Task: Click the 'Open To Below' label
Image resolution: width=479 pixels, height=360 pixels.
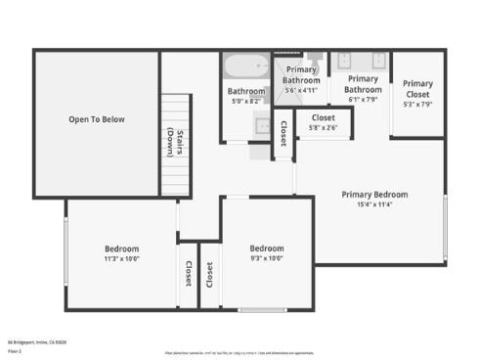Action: (97, 119)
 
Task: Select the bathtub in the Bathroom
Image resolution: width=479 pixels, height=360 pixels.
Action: (244, 67)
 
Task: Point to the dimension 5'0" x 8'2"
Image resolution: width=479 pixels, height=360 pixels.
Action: (246, 100)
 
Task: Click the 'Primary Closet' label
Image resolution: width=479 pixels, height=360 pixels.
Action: (417, 89)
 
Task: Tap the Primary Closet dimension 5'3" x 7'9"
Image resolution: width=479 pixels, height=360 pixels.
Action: (417, 103)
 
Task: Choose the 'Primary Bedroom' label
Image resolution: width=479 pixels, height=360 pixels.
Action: (374, 194)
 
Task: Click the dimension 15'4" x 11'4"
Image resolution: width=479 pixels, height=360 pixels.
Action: (374, 205)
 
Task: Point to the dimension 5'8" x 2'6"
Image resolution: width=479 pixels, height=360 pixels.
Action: (323, 127)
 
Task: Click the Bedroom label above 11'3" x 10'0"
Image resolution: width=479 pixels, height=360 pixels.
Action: (121, 248)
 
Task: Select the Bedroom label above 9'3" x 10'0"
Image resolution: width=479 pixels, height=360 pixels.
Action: (266, 247)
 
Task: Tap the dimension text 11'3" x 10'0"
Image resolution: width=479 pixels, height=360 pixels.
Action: (121, 259)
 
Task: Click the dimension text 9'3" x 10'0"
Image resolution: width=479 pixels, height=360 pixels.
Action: (266, 258)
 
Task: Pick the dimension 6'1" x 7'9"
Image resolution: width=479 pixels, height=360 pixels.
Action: (363, 99)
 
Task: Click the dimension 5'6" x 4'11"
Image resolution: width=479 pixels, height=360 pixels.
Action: (302, 90)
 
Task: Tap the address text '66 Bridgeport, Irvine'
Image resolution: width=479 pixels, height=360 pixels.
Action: (37, 341)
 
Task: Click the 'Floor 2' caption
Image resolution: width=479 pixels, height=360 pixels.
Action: (15, 349)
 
